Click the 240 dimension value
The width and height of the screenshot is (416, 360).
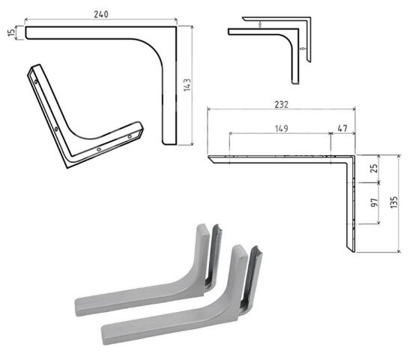point(101,14)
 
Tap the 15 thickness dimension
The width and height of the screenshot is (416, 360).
point(11,33)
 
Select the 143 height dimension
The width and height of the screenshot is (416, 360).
point(187,85)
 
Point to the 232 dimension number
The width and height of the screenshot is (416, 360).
point(281,104)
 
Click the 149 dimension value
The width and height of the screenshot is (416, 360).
point(282,129)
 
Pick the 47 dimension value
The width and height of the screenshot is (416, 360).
point(343,128)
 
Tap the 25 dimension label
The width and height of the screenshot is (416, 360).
point(373,168)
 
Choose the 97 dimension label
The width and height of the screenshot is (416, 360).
point(374,202)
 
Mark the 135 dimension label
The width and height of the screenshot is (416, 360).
point(394,202)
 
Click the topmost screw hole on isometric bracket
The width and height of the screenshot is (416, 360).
point(36,82)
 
